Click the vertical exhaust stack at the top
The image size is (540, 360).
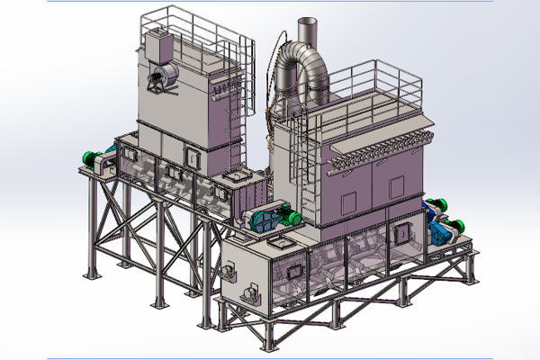[306, 32]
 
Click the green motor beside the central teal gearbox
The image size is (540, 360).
[291, 215]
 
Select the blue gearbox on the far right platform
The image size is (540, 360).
[442, 230]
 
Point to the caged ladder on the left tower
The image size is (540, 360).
[237, 108]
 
